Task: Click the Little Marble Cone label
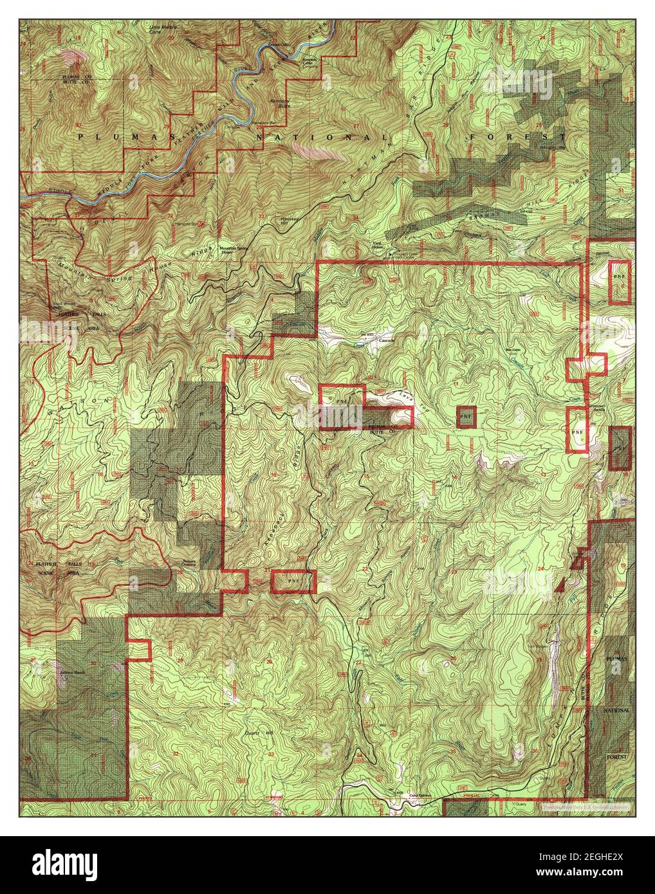[x=163, y=30]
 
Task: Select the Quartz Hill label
[x=258, y=732]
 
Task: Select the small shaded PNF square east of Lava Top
[x=466, y=416]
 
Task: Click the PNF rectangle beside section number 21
[x=293, y=581]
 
